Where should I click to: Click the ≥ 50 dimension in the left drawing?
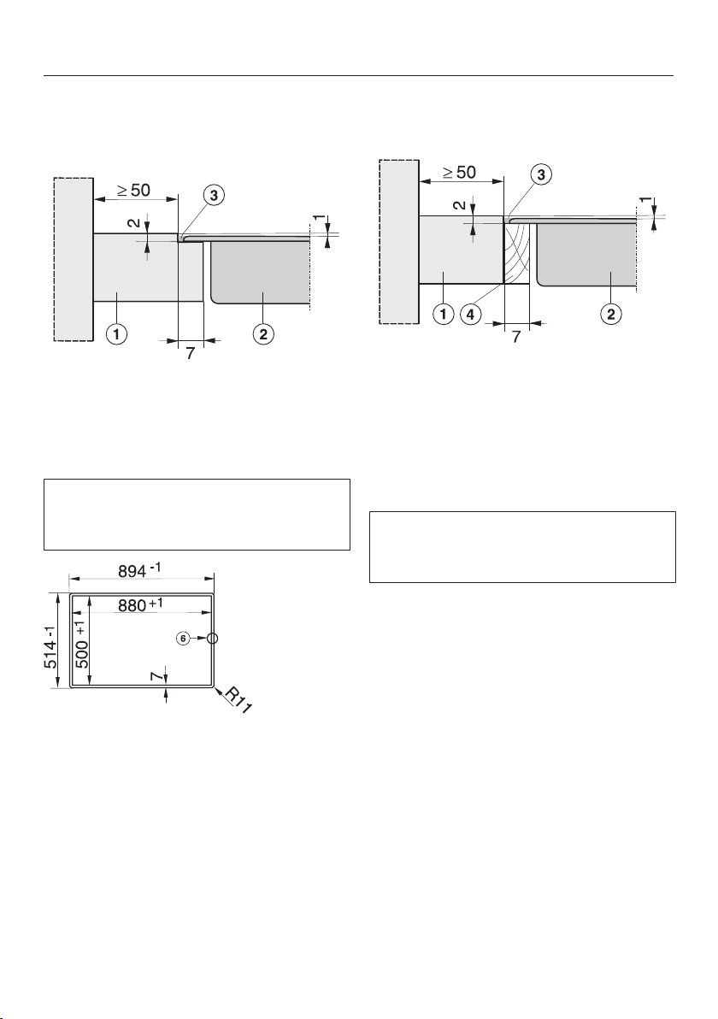click(x=134, y=191)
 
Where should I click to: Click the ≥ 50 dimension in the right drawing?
click(x=459, y=172)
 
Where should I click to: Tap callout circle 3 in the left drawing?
click(x=213, y=195)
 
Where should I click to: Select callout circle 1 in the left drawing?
click(x=118, y=335)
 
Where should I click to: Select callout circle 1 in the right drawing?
click(x=443, y=315)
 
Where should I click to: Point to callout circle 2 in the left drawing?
click(x=263, y=335)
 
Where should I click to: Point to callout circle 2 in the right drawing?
click(x=610, y=315)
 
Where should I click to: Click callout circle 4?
click(x=470, y=315)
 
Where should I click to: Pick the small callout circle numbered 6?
click(x=183, y=639)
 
